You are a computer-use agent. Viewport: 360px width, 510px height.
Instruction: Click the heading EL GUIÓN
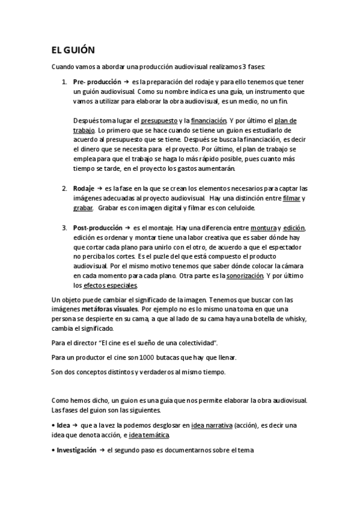click(73, 51)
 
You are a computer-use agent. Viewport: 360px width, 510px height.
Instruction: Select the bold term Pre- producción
click(96, 81)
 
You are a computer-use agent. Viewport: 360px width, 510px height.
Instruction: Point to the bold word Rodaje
click(84, 188)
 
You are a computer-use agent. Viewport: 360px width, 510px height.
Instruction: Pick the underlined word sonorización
click(245, 275)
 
